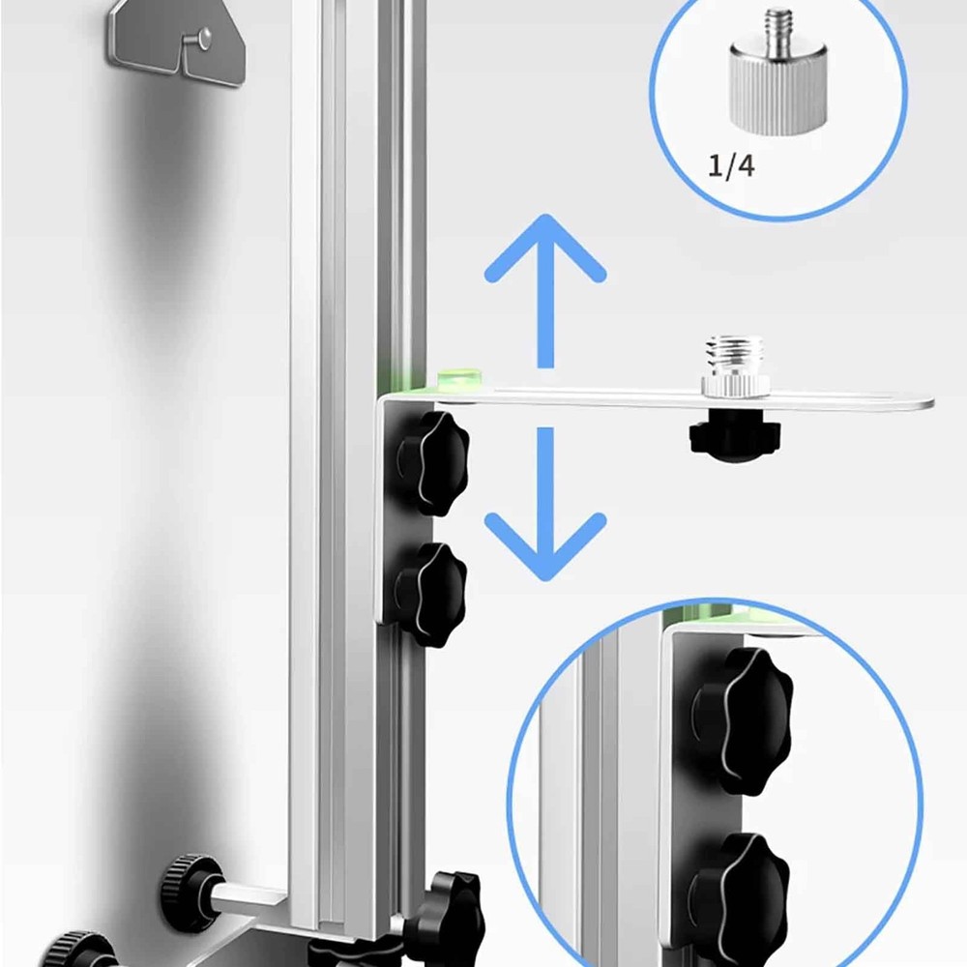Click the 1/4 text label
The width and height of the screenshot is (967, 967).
(731, 165)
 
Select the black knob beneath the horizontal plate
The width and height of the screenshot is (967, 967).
(734, 437)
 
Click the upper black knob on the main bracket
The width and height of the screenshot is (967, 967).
(431, 462)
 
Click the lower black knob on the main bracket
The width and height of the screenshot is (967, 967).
(430, 592)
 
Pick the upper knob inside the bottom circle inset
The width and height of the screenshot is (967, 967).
(741, 719)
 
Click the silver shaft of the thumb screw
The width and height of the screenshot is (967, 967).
(246, 899)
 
